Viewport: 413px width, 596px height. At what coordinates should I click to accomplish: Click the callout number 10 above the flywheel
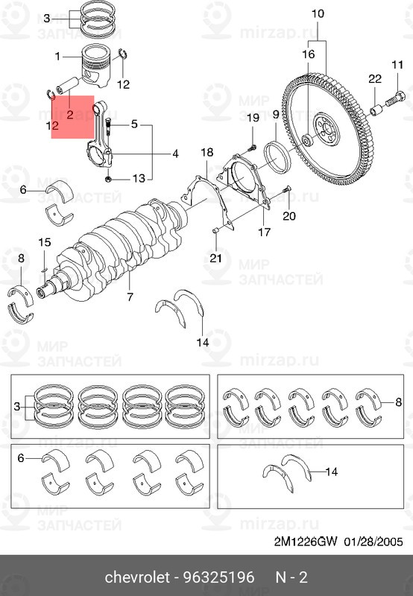coord(318,14)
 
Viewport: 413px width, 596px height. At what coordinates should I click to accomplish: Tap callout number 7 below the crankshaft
coord(130,297)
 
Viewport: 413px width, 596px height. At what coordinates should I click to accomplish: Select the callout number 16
coord(309,54)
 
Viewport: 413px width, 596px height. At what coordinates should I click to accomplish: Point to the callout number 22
coord(374,80)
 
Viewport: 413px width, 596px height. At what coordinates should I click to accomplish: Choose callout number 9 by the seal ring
coord(275,114)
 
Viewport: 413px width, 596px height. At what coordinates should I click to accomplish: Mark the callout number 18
coord(207,153)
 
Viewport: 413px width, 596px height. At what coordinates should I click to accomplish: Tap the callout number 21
coord(215,259)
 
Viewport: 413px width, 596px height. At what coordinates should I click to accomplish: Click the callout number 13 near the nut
coord(139,178)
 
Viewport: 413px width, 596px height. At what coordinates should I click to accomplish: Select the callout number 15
coord(44,242)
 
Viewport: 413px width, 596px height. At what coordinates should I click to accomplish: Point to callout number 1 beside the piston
coord(57,56)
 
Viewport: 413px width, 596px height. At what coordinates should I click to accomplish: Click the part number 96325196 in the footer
coord(219,577)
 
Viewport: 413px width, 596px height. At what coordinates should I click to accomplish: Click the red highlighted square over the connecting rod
coord(72,117)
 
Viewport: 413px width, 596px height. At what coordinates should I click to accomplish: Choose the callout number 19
coord(252,118)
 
